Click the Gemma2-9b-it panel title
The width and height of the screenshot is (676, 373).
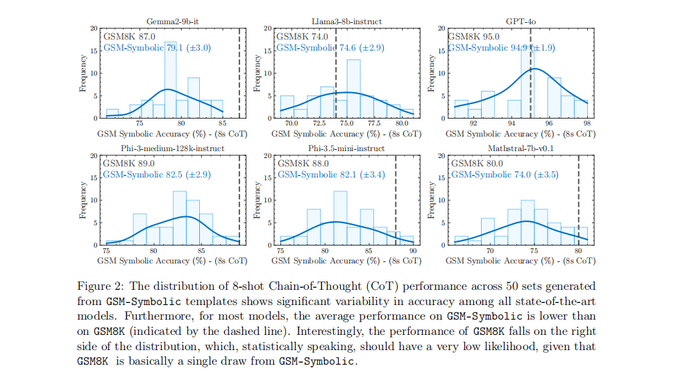coord(169,22)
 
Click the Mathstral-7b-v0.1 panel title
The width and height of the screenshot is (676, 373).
coord(518,148)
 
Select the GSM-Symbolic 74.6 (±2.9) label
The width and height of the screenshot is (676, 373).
coord(330,48)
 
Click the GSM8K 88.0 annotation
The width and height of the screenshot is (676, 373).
coord(294,163)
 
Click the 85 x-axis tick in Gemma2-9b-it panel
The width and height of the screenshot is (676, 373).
coord(222,124)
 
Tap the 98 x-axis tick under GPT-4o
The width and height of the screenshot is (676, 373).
coord(586,124)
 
